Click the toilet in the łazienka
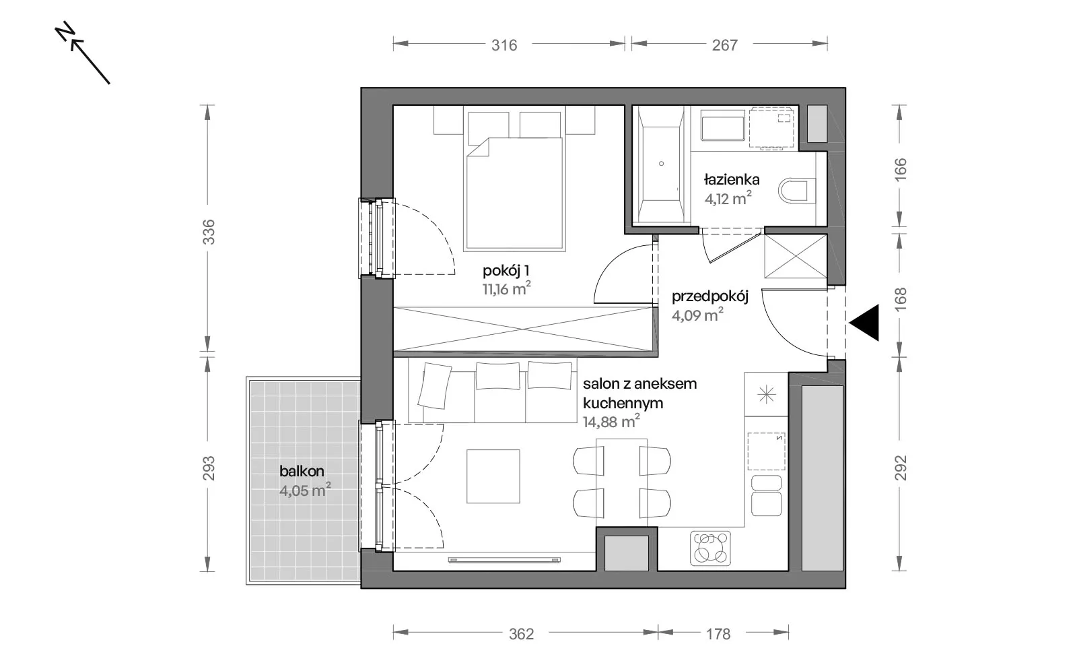(797, 191)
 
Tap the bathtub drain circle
(661, 164)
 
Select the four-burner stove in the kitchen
(710, 548)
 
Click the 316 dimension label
(504, 45)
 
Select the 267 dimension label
(724, 45)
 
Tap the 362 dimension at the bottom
(521, 634)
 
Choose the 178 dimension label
(718, 634)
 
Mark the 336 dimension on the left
(208, 232)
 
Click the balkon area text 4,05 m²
(305, 490)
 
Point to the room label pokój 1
(506, 271)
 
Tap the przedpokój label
(709, 296)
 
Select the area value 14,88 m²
(611, 422)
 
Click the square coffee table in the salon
(493, 476)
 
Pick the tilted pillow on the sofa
(435, 386)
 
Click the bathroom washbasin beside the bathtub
(723, 125)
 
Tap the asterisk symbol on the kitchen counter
(767, 395)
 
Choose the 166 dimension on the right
(900, 169)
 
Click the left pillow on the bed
(489, 129)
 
